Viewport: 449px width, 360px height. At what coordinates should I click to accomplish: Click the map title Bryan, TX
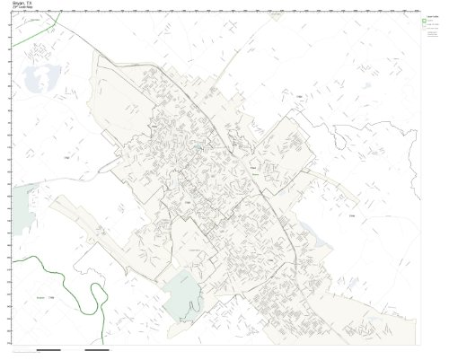click(x=20, y=4)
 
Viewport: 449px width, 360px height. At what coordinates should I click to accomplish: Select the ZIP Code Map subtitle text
click(x=22, y=9)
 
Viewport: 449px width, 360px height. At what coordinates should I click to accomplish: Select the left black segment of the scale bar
click(x=48, y=347)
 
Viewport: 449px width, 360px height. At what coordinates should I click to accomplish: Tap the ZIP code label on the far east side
click(x=351, y=215)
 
